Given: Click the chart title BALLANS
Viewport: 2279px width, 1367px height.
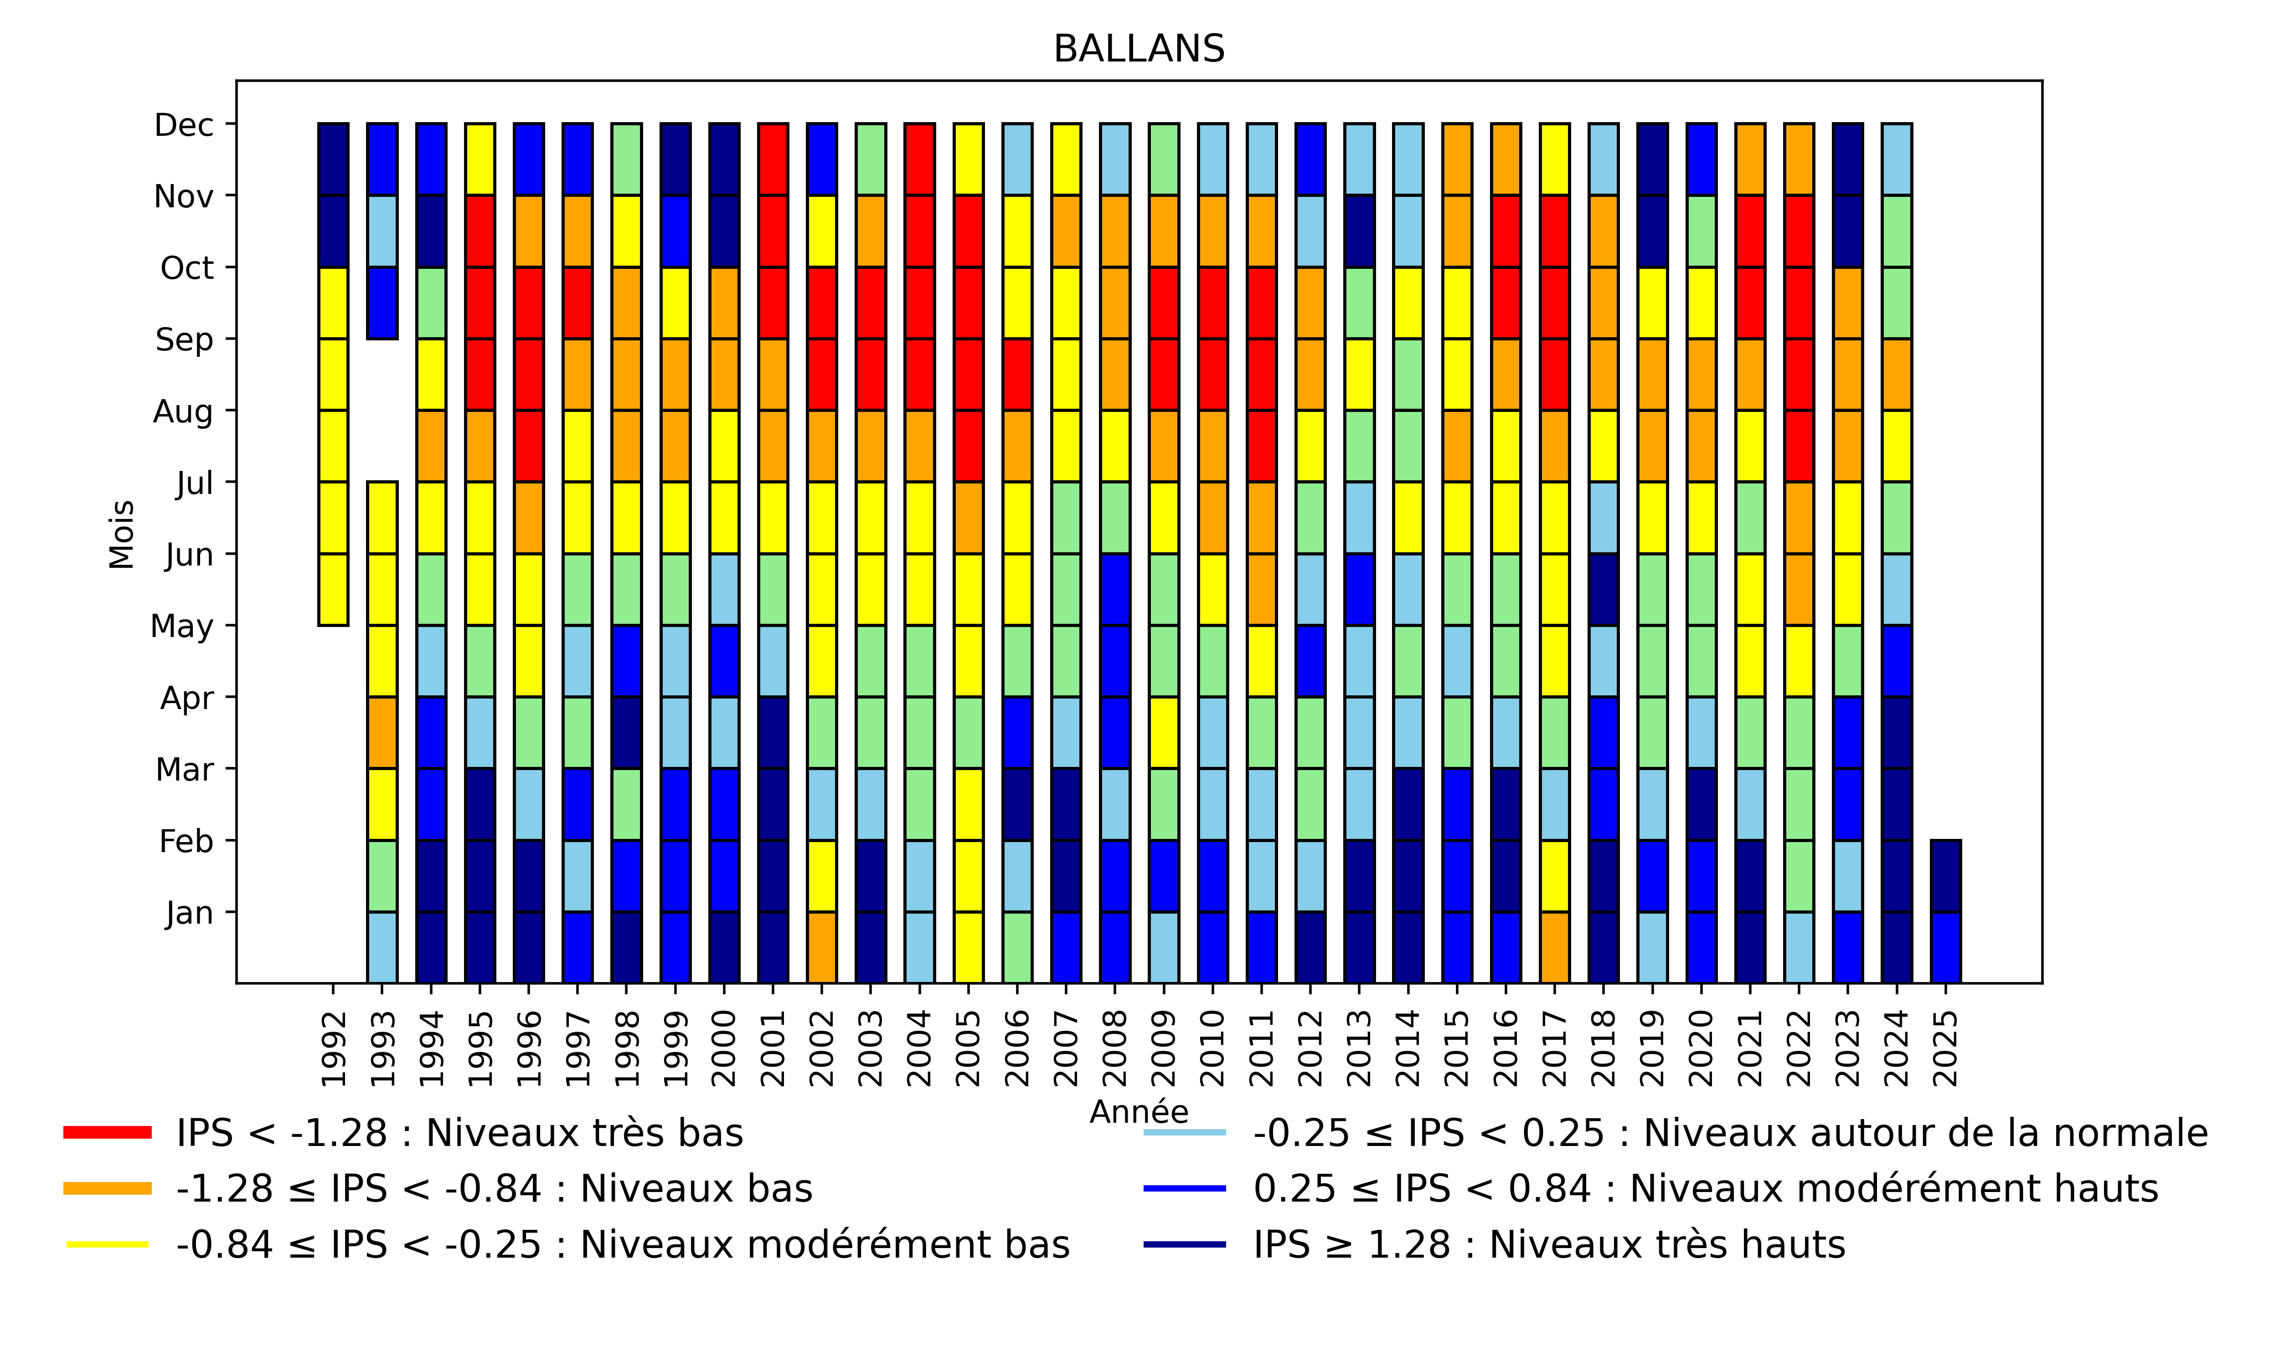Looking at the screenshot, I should [x=1139, y=49].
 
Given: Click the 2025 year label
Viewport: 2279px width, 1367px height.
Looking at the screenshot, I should [x=1944, y=1048].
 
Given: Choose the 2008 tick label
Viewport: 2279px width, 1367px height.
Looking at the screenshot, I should [x=1114, y=1048].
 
